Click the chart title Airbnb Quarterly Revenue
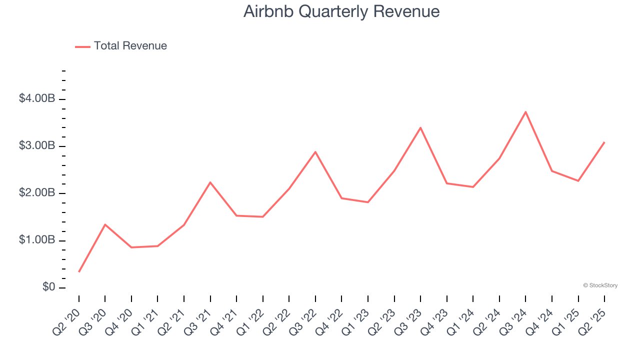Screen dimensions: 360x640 [341, 11]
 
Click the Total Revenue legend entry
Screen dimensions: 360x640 [121, 46]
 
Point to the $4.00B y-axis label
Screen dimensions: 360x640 [36, 98]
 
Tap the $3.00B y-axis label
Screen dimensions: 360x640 [36, 146]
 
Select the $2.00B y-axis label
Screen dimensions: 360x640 [36, 193]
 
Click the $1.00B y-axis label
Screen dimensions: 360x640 [36, 240]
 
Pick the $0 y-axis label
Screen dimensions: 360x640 [48, 287]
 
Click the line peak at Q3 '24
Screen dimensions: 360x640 [525, 112]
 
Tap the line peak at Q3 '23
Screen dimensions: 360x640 [420, 127]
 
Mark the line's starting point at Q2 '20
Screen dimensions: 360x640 [79, 271]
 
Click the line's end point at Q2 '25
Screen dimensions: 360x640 [604, 142]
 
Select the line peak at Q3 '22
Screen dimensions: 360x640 [315, 151]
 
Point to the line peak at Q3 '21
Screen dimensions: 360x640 [210, 182]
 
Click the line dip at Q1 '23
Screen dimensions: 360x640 [368, 202]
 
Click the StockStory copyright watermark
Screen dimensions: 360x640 [600, 285]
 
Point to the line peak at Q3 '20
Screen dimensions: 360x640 [105, 224]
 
